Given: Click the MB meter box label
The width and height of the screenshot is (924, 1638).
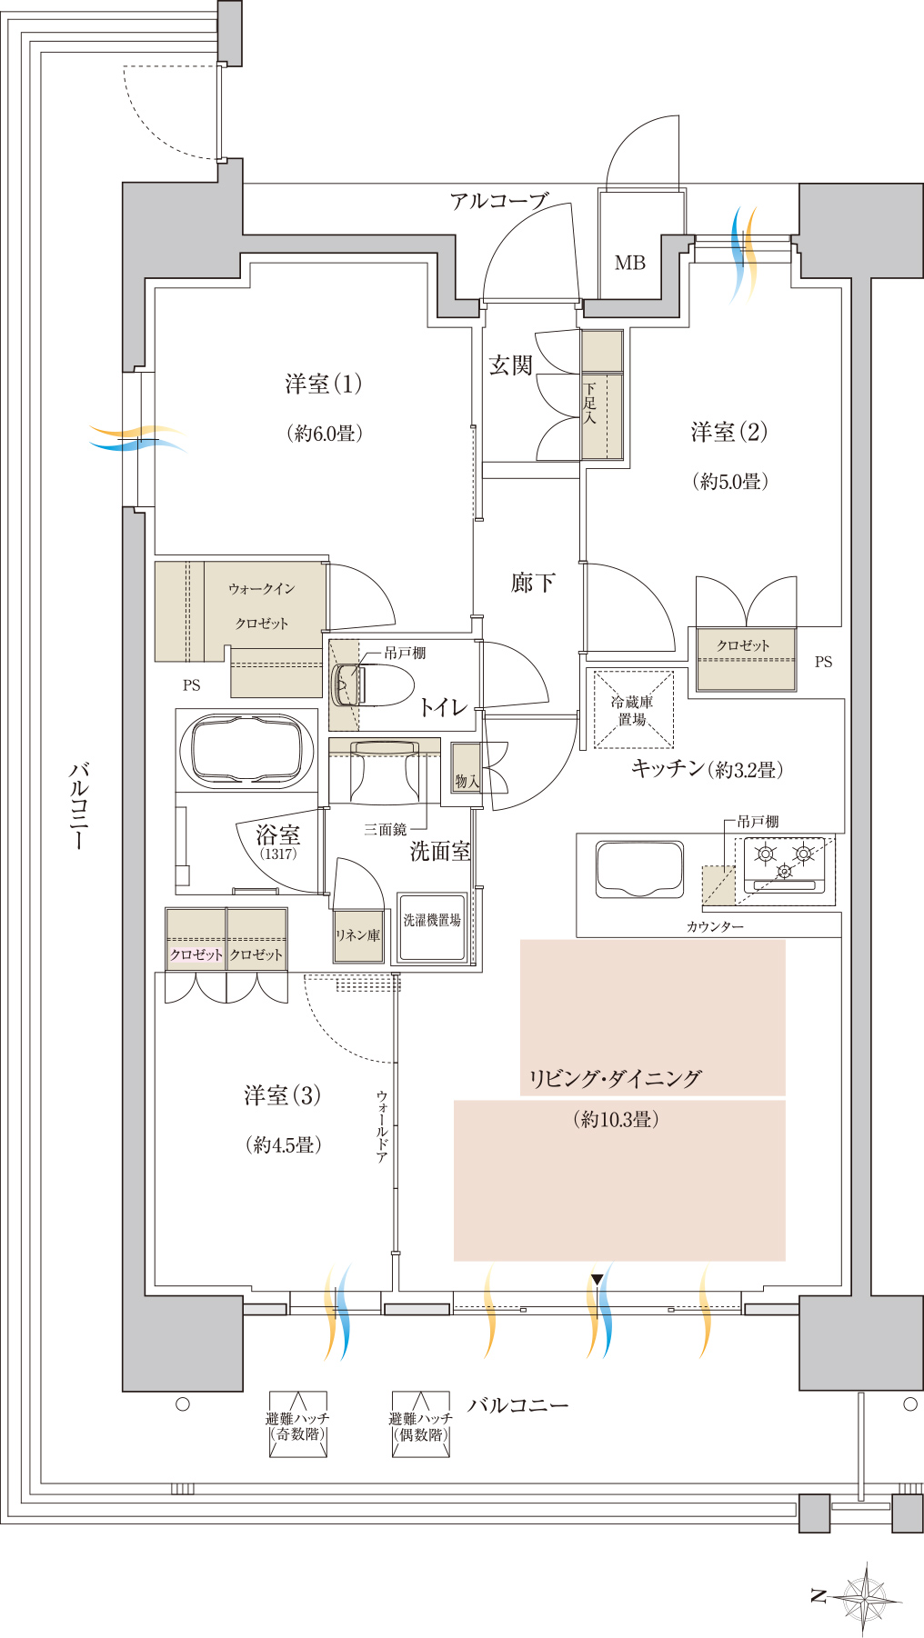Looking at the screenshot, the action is click(x=629, y=263).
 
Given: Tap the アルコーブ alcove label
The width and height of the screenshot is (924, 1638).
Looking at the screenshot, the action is click(x=499, y=201).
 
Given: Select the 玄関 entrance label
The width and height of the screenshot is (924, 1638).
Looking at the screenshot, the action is click(x=510, y=365).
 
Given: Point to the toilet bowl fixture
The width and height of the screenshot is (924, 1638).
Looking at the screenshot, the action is click(x=373, y=684).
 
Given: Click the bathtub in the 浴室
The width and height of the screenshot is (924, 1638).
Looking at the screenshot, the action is click(x=246, y=751).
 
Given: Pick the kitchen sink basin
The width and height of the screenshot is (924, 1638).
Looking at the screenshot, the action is click(x=639, y=869).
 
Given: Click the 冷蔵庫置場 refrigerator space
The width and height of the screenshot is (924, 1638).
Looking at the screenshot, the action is click(x=633, y=710).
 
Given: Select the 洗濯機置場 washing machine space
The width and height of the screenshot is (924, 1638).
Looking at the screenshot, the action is click(x=431, y=926).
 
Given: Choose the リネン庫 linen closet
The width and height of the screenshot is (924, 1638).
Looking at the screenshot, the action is click(x=357, y=934).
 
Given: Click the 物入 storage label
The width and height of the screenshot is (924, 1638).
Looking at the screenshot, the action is click(x=467, y=781).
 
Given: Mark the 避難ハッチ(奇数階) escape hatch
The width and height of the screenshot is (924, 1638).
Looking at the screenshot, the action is click(x=297, y=1424).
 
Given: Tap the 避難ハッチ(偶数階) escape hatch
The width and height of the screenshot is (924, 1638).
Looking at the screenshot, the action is click(x=420, y=1424).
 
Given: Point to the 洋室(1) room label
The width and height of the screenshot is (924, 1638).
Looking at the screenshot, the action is click(x=323, y=384).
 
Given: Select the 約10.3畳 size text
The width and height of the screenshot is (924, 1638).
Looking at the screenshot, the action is click(x=617, y=1120).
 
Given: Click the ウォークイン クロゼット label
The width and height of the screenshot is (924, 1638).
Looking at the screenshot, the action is click(x=262, y=605).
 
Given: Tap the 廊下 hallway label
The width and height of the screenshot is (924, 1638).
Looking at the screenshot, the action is click(x=533, y=583).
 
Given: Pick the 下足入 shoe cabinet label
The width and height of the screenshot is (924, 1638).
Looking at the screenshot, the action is click(x=589, y=404).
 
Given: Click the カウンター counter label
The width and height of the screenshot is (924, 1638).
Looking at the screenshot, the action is click(x=715, y=926).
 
